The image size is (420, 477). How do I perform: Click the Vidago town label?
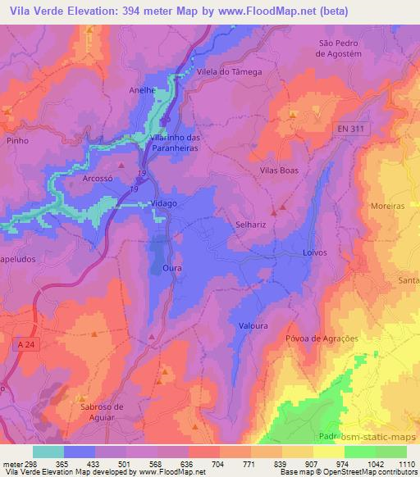click(x=164, y=202)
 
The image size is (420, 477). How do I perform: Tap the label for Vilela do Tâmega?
click(x=229, y=72)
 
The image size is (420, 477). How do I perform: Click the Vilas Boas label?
click(x=278, y=169)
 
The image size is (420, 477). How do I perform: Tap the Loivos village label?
click(x=316, y=252)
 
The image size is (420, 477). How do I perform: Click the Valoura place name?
click(x=253, y=326)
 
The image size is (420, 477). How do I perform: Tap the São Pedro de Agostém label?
click(x=340, y=48)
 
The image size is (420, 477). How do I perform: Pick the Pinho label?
click(x=16, y=141)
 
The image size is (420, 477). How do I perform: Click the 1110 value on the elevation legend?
click(x=405, y=463)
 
